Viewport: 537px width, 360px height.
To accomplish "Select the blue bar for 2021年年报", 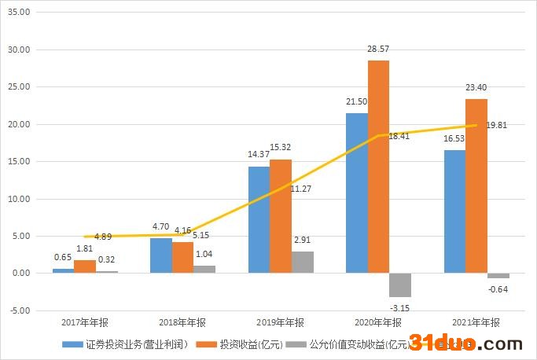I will [454, 211].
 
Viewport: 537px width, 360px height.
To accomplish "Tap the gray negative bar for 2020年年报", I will [400, 285].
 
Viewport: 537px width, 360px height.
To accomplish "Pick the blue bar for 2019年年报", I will [259, 219].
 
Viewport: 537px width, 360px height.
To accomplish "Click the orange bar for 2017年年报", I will [85, 266].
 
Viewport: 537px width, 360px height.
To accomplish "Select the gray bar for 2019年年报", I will [303, 262].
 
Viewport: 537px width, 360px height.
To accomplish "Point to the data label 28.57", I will [378, 49].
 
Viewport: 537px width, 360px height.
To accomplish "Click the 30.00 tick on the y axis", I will [17, 50].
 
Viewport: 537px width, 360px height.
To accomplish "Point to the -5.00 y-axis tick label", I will [17, 310].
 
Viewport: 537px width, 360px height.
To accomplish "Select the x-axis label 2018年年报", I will [182, 322].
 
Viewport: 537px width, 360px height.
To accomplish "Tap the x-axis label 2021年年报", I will [476, 322].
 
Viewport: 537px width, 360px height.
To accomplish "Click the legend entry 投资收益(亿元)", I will [245, 344].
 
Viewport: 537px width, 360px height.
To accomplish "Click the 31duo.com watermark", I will [469, 343].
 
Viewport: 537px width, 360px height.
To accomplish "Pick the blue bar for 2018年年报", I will [160, 255].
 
